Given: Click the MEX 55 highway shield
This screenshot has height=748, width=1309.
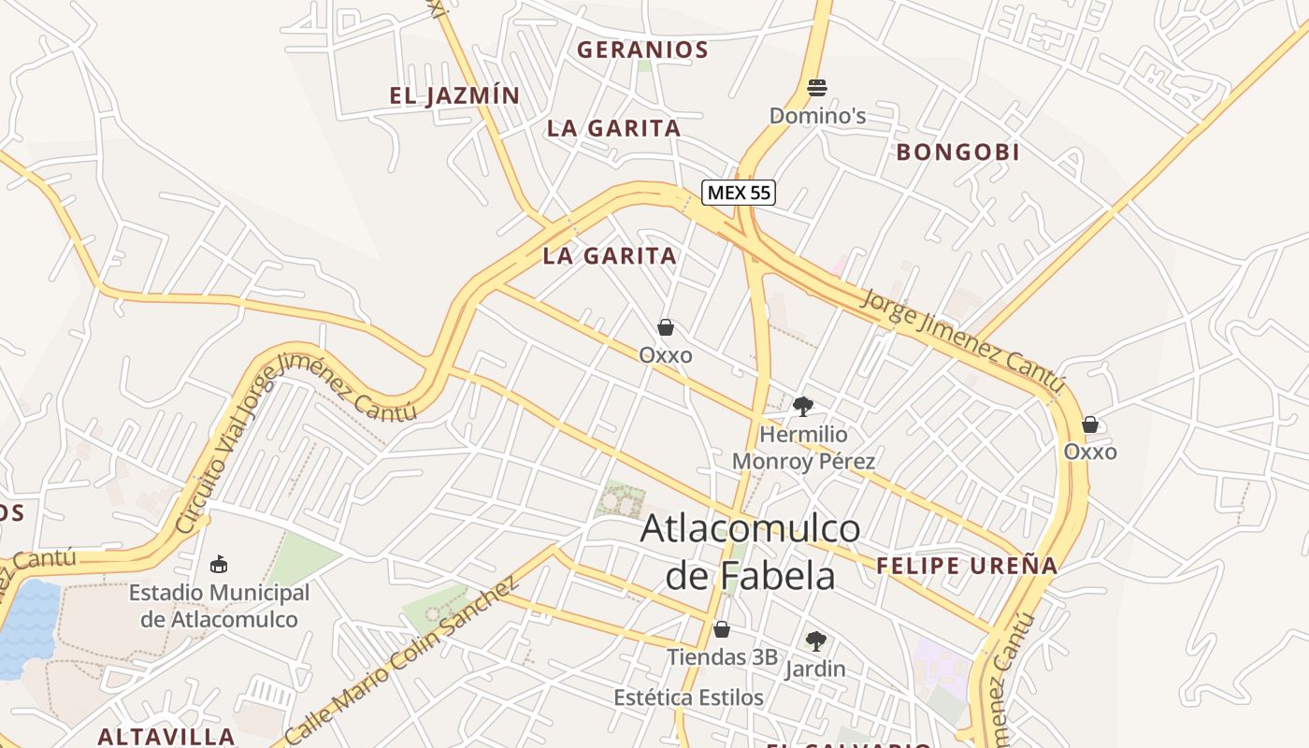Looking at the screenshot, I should [x=739, y=193].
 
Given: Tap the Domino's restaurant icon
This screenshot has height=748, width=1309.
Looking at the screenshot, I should [x=817, y=88].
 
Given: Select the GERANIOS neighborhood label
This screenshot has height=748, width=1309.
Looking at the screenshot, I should [x=642, y=50].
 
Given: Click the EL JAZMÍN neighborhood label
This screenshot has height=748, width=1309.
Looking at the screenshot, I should [x=454, y=95].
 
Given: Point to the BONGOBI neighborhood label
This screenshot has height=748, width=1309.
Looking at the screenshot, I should [x=957, y=151].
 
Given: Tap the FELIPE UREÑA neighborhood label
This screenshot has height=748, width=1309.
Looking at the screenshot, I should [x=967, y=565].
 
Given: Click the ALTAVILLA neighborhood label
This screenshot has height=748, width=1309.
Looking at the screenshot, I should [x=166, y=736].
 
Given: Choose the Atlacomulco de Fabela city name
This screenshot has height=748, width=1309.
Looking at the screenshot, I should [x=750, y=552].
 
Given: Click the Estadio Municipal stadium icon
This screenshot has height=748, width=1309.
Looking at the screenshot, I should [x=219, y=564].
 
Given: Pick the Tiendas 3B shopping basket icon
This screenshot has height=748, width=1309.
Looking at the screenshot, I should [x=721, y=629].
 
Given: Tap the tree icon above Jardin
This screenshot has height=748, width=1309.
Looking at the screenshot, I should [x=815, y=641].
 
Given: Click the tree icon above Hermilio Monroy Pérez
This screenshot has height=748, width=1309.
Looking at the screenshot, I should [x=802, y=406].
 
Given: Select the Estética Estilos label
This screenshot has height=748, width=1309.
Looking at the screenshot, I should [x=688, y=698].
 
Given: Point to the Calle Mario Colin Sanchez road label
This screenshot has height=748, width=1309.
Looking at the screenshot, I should [x=402, y=659].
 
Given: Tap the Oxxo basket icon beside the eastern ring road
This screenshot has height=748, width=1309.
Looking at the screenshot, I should [x=1090, y=424].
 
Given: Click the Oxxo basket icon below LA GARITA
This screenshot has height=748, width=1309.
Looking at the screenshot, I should [x=666, y=327].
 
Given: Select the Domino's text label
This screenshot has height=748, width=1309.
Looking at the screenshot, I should [x=817, y=116].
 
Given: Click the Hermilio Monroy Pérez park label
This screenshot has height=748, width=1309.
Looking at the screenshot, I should [x=803, y=448].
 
